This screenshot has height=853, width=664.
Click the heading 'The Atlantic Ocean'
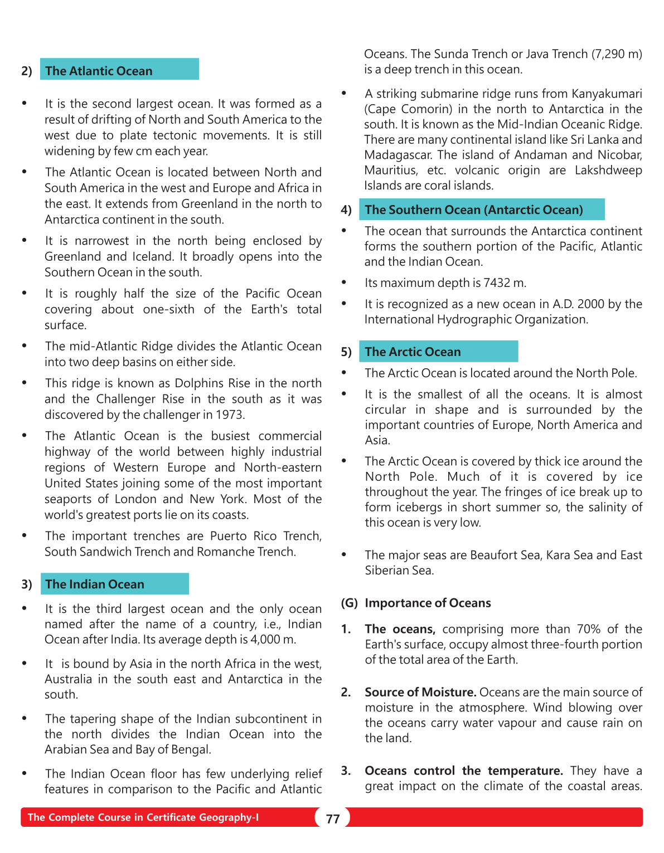click(99, 71)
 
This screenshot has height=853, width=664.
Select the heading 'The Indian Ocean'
click(95, 584)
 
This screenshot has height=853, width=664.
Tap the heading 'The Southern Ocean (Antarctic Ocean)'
click(473, 209)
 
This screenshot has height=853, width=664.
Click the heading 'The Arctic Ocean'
click(413, 352)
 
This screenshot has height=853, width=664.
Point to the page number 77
click(333, 818)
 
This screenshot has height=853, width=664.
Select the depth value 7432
click(497, 283)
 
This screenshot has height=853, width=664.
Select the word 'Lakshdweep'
click(608, 170)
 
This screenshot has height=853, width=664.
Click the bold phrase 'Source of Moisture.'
click(420, 692)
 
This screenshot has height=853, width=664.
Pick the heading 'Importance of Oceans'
click(428, 603)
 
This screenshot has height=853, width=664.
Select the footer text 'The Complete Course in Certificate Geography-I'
click(143, 817)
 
